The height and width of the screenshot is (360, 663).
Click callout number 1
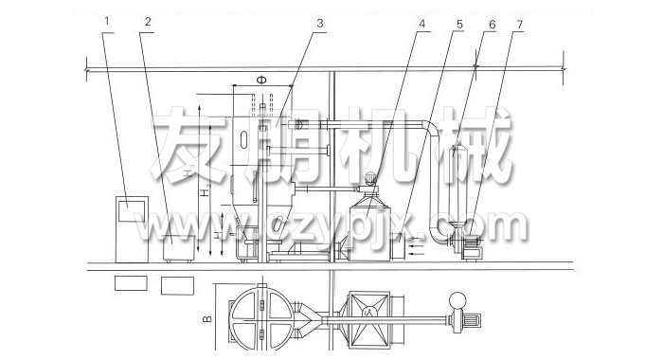pyautogui.click(x=108, y=20)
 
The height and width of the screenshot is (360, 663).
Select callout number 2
pyautogui.click(x=146, y=20)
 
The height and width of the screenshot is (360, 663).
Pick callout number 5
pyautogui.click(x=460, y=20)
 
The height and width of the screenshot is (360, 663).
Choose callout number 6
pyautogui.click(x=492, y=20)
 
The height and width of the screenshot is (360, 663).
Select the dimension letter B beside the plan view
pyautogui.click(x=207, y=310)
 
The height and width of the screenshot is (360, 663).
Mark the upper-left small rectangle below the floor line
pyautogui.click(x=130, y=282)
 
